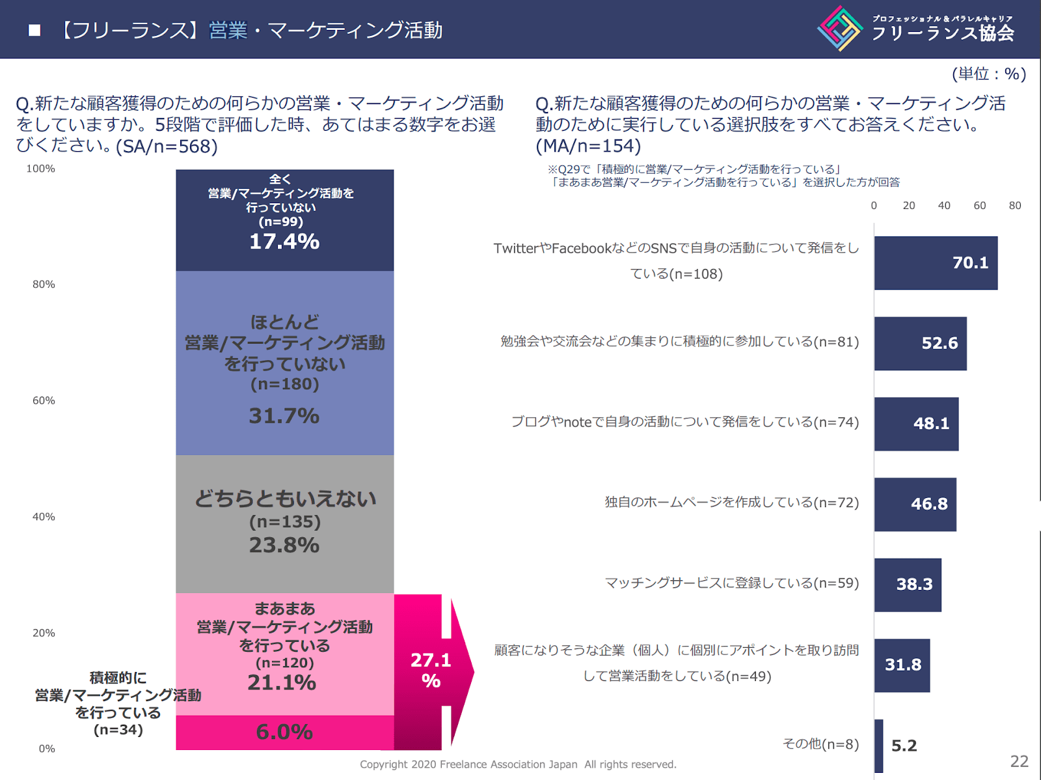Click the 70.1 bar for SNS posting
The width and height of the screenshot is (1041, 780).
point(935,263)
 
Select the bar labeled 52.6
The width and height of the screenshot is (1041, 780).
point(920,344)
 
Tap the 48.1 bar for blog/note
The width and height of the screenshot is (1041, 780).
point(915,424)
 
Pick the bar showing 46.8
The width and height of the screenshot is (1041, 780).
point(915,505)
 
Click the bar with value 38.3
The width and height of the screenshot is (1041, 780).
point(907,585)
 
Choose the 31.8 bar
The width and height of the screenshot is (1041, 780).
point(902,665)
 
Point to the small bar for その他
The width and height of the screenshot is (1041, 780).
point(878,746)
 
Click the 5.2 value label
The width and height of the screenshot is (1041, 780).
point(904,746)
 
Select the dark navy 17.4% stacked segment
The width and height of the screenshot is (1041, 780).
point(284,220)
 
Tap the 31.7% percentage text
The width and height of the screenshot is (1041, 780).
point(284,416)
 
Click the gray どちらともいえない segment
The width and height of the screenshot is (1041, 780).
point(284,523)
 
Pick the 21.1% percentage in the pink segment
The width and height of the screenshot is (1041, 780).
point(282,683)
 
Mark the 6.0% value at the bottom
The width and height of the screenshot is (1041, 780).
point(284,732)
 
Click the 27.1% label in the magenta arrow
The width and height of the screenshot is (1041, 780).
point(431,671)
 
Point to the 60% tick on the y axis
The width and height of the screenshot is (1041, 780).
point(44,400)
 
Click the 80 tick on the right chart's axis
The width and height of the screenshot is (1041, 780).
point(1014,206)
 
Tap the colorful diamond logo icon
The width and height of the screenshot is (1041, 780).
point(840,29)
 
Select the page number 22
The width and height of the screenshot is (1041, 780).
point(1019,761)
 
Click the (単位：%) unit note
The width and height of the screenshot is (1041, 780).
point(988,74)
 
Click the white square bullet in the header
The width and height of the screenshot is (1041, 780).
point(34,30)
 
